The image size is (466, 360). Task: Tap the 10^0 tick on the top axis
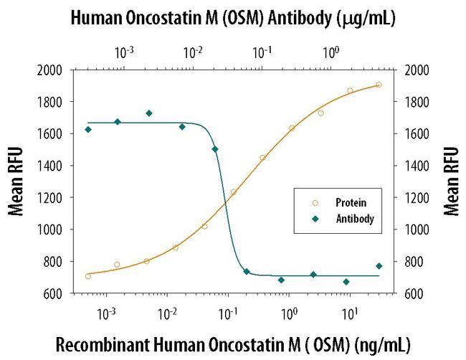click(x=331, y=52)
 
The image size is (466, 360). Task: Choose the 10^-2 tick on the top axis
click(x=193, y=52)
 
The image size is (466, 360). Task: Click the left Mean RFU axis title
click(x=16, y=181)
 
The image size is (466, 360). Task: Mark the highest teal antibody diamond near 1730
click(x=149, y=113)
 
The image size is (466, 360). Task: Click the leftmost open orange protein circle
click(x=88, y=276)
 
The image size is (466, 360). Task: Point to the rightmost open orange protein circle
click(x=379, y=85)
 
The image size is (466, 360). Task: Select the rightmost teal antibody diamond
click(x=379, y=266)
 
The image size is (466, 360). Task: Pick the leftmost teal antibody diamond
click(x=88, y=130)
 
